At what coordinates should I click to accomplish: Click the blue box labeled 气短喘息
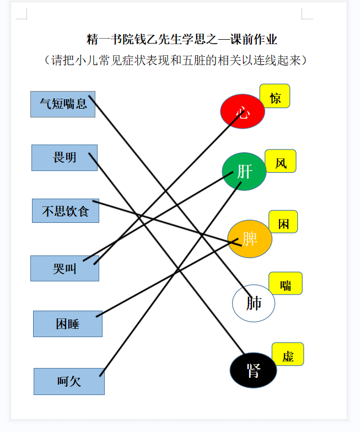(x=63, y=104)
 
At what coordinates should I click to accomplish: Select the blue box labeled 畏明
(x=65, y=158)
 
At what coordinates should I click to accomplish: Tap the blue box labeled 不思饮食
(x=66, y=211)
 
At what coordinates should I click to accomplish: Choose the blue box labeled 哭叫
(x=65, y=268)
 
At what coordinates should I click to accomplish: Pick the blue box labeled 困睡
(x=68, y=324)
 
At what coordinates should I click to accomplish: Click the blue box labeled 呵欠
(x=69, y=381)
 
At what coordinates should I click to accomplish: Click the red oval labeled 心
(x=243, y=111)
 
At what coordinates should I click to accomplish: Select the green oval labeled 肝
(x=244, y=172)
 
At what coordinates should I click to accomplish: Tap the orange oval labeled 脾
(x=250, y=239)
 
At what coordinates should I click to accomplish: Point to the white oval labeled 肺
(x=254, y=303)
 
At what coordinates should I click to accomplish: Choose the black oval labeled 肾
(x=253, y=370)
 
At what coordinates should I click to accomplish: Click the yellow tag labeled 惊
(x=275, y=96)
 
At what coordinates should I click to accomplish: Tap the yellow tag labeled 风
(x=281, y=161)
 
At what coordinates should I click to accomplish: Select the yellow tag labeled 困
(x=283, y=221)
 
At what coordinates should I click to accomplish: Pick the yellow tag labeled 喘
(x=286, y=283)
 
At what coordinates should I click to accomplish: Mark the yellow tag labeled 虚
(x=288, y=354)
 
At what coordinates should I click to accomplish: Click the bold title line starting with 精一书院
(x=181, y=39)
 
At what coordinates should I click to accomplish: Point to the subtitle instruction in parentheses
(x=175, y=60)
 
